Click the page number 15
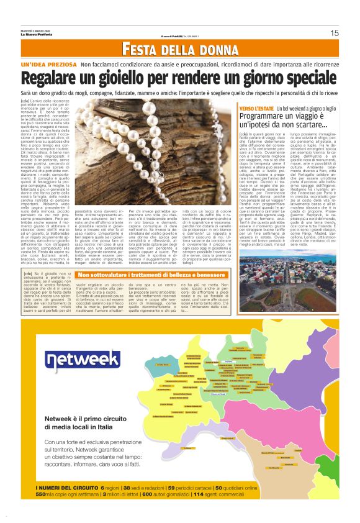point(335,33)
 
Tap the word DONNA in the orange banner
point(206,49)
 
